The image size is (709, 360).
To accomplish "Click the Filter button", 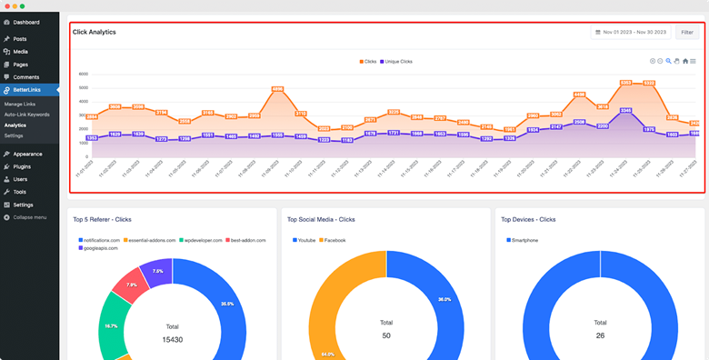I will [686, 32].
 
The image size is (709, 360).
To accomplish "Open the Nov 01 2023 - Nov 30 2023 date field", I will [630, 32].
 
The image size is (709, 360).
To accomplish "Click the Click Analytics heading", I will [95, 32].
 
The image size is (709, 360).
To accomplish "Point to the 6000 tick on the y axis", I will [83, 75].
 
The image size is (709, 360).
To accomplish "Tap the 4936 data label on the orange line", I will [277, 89].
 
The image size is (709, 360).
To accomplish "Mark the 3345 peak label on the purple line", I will [626, 110].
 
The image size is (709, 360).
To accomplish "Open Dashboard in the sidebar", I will [26, 22].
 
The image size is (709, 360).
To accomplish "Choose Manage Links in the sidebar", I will [20, 105].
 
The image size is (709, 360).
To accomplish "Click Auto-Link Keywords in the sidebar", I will [26, 115].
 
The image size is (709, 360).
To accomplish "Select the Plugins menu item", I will [22, 167].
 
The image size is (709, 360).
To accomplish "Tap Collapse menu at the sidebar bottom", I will [29, 217].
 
